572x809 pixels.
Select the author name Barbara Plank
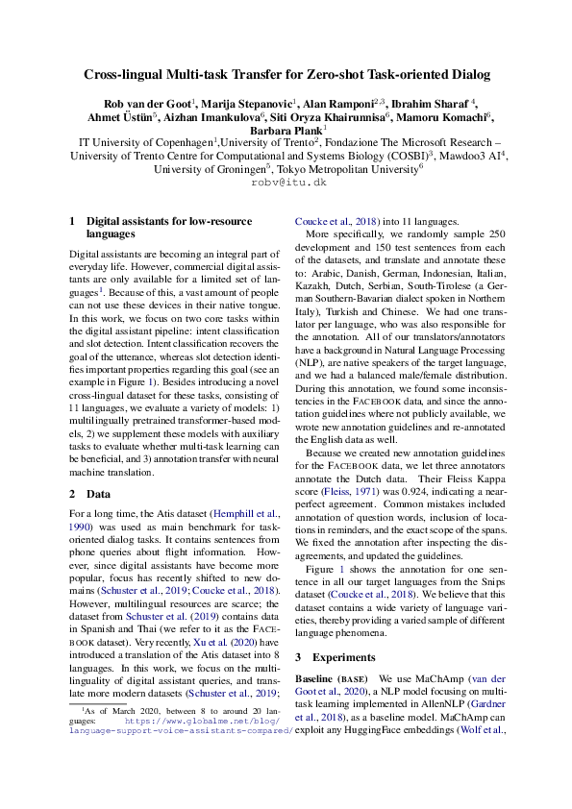(284, 129)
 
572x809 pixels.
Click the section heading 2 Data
(92, 493)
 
